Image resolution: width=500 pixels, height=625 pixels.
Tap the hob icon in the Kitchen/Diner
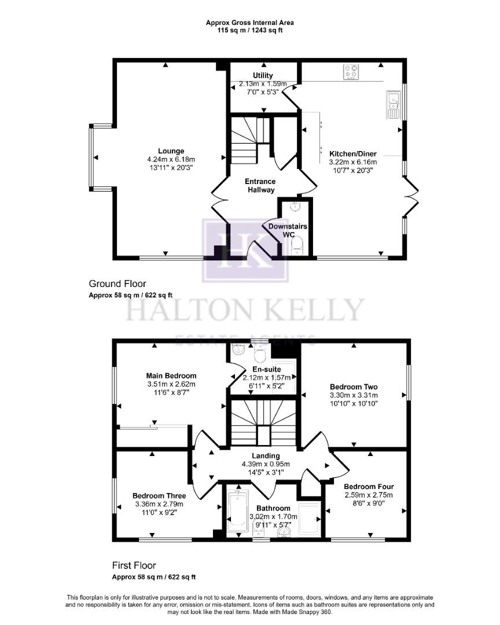pos(351,72)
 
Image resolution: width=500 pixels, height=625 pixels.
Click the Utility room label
pos(262,76)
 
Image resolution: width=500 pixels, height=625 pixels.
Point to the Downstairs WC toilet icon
pos(297,247)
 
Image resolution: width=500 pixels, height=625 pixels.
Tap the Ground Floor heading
pos(117,284)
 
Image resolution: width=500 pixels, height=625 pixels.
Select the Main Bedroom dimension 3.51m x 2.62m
pos(171,384)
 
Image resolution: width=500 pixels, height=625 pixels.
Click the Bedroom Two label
pos(354,387)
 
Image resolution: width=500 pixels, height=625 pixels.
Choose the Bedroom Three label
pos(159,496)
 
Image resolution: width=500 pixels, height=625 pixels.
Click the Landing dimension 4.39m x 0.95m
pos(266,464)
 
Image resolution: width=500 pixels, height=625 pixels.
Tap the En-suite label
pos(267,369)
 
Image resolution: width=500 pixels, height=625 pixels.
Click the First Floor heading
pos(134,565)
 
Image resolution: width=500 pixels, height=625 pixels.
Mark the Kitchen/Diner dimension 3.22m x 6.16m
pos(353,162)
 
